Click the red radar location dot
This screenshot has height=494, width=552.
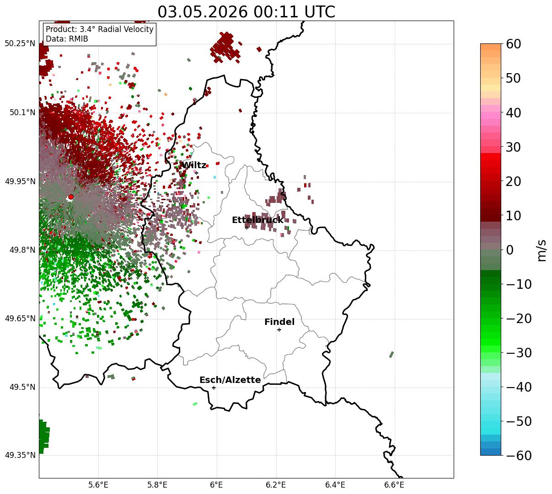pos(71,197)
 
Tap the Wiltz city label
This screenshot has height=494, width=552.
pos(193,165)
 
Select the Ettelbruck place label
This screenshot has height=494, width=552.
pos(257,220)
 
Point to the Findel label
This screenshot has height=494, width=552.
pos(279,322)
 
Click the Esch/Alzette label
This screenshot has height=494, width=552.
pos(230,380)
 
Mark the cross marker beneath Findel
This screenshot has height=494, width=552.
pos(279,330)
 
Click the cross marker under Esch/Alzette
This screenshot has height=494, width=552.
pos(214,388)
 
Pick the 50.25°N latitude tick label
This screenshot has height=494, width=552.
pos(20,43)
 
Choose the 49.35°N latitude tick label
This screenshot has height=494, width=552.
pos(20,455)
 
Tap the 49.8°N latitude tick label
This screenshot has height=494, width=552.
pos(22,250)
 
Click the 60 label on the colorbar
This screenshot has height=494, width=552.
pos(513,44)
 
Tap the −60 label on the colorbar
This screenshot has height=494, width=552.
pos(519,455)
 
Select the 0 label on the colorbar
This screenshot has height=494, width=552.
pos(510,250)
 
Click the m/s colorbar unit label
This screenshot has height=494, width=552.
pos(541,250)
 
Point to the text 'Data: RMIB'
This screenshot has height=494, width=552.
pos(67,39)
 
